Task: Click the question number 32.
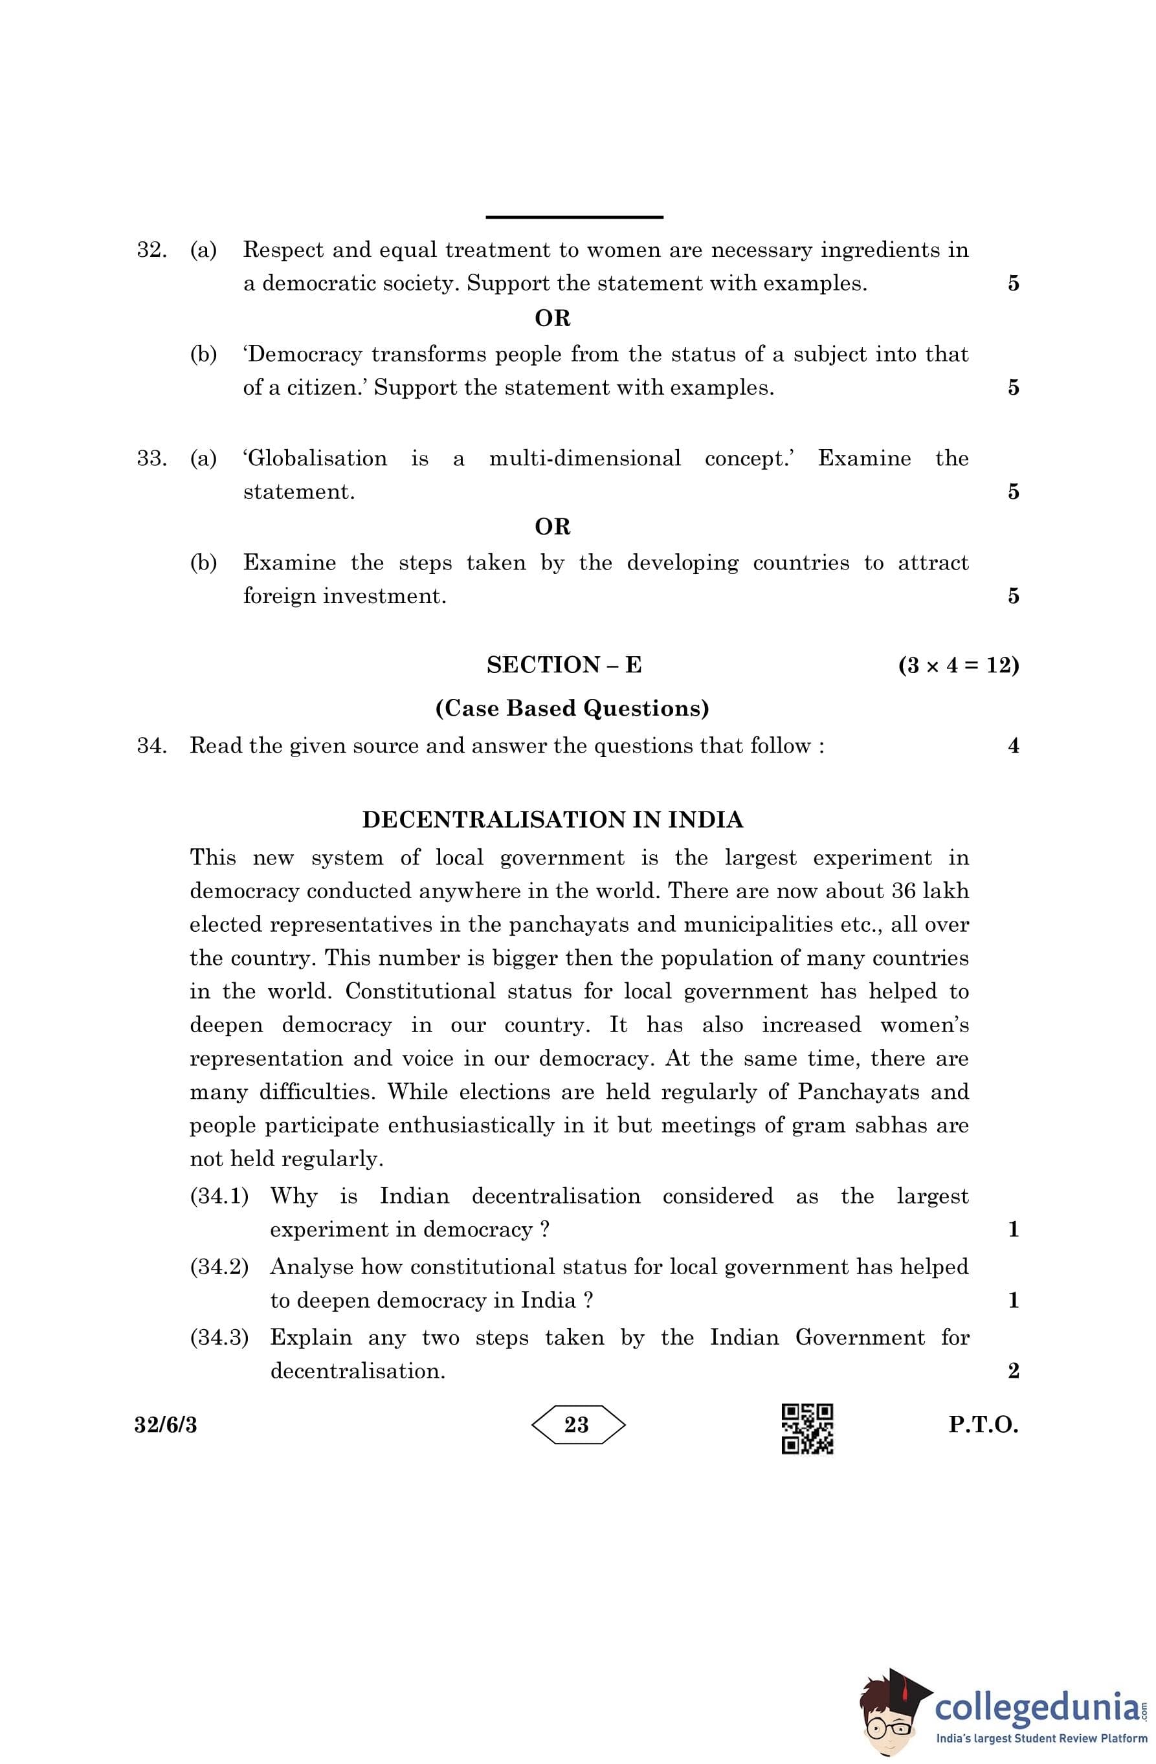(x=151, y=250)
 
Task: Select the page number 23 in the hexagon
(x=577, y=1424)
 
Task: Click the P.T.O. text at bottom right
(x=983, y=1424)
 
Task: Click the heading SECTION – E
(x=564, y=665)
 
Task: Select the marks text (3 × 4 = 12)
(x=958, y=665)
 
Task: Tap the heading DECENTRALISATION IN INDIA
(x=552, y=820)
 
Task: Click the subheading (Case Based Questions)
(x=572, y=709)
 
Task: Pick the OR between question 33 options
(x=552, y=527)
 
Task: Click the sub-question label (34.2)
(x=219, y=1266)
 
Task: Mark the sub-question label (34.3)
(x=219, y=1337)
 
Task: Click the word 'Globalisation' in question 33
(x=315, y=458)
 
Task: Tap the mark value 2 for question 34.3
(x=1014, y=1371)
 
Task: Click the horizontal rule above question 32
(x=574, y=217)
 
